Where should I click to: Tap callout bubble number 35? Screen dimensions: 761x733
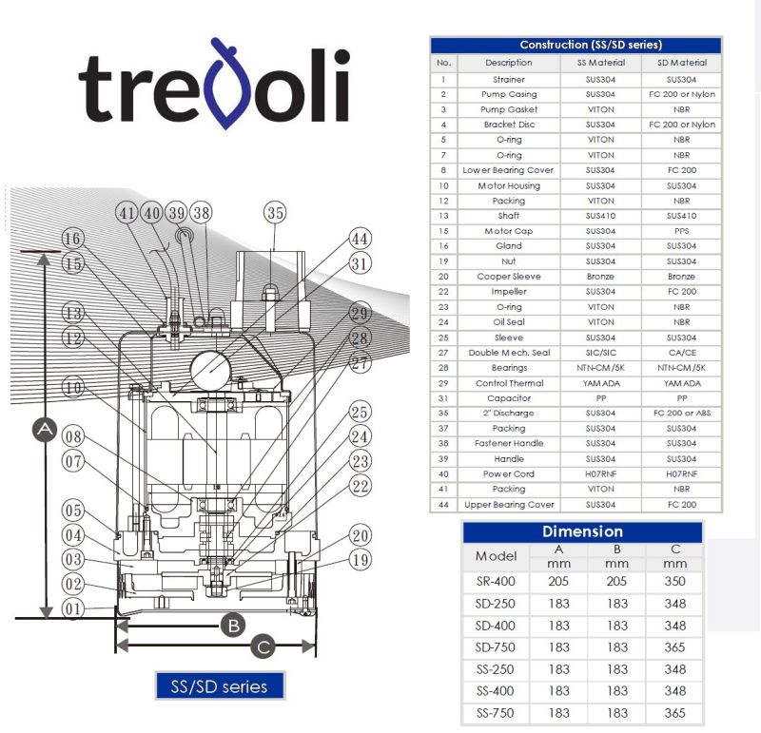point(275,212)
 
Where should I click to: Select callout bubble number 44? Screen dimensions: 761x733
point(360,239)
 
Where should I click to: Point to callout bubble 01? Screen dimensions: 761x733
point(73,608)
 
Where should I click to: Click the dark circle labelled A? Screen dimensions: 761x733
point(45,430)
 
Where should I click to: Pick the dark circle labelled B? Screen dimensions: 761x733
point(233,626)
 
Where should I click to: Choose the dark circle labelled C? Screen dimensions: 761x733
point(263,646)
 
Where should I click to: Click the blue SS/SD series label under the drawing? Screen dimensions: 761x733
point(220,686)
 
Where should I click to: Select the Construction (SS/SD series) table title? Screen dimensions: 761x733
point(591,45)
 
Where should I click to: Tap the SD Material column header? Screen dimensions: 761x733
point(682,63)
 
